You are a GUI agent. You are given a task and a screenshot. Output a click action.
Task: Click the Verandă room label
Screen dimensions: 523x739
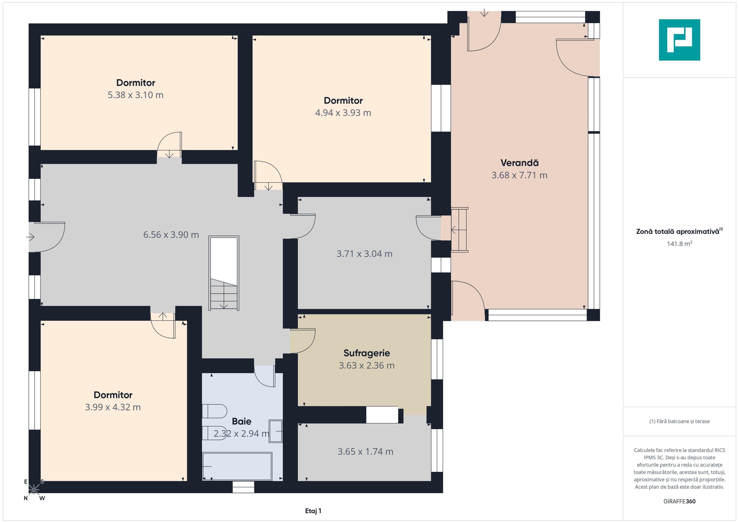(519, 163)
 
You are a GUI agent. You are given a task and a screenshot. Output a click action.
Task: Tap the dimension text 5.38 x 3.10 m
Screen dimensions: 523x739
(136, 95)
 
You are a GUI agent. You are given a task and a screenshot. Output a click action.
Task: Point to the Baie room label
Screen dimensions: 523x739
(241, 421)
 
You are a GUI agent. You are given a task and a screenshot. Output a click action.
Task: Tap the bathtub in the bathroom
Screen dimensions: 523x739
(237, 466)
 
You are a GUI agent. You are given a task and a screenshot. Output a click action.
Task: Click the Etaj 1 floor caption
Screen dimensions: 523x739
(313, 511)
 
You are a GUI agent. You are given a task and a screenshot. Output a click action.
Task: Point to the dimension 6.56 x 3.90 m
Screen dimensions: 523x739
(171, 235)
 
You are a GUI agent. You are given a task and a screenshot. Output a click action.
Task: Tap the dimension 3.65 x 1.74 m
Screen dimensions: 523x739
(365, 452)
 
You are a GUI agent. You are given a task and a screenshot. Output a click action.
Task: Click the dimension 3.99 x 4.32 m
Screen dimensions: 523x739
(113, 407)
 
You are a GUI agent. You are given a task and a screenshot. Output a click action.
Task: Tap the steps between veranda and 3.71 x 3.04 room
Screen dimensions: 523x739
(459, 230)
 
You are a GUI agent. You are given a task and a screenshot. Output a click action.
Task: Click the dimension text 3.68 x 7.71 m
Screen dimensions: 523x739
(519, 175)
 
